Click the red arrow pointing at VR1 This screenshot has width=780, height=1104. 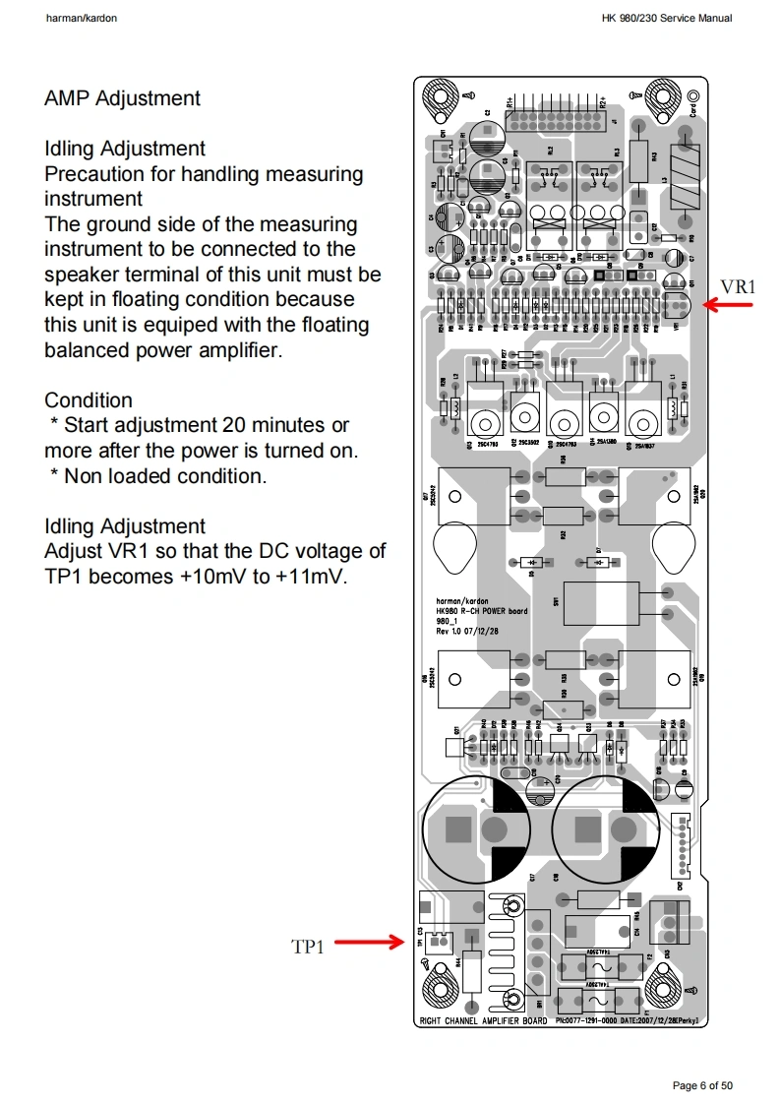pyautogui.click(x=729, y=306)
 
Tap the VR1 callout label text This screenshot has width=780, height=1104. pyautogui.click(x=739, y=286)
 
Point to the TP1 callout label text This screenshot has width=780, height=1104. pyautogui.click(x=307, y=947)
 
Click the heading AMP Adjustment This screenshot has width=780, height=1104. pyautogui.click(x=122, y=98)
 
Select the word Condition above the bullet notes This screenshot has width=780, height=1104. pyautogui.click(x=89, y=400)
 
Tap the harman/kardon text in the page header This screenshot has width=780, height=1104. pyautogui.click(x=82, y=19)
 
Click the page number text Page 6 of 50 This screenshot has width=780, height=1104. pyautogui.click(x=702, y=1085)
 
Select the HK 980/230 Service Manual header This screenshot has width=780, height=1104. pyautogui.click(x=667, y=19)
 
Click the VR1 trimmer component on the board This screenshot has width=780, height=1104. pyautogui.click(x=678, y=306)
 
